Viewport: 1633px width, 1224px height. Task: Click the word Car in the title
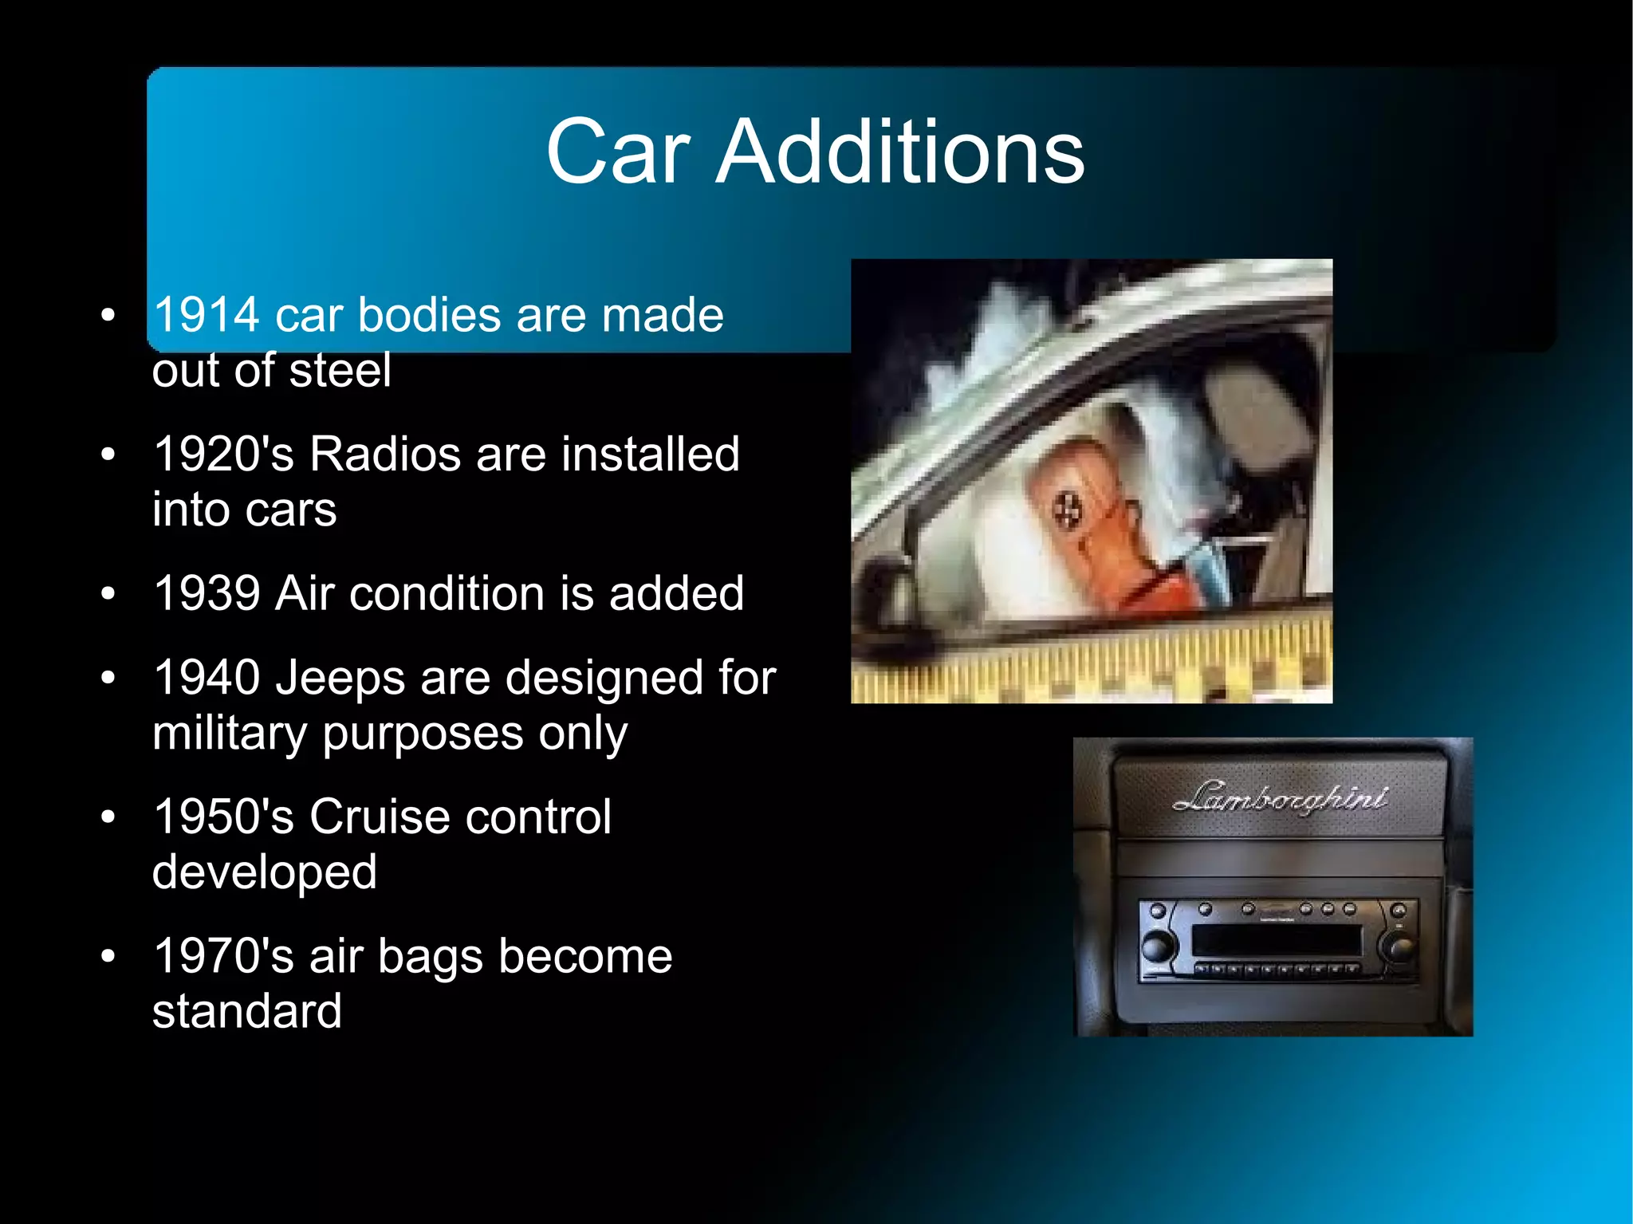click(x=617, y=152)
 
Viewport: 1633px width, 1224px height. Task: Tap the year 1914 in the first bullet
click(x=207, y=314)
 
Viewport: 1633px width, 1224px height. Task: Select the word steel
click(x=340, y=370)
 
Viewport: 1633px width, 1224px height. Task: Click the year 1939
click(x=207, y=593)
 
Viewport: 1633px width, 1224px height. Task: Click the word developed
click(x=264, y=872)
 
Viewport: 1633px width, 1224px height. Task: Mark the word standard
click(x=247, y=1011)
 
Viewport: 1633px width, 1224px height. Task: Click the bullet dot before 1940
click(x=108, y=678)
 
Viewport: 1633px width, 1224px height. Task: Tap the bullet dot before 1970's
click(x=108, y=956)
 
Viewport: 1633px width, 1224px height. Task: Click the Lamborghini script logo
click(x=1280, y=797)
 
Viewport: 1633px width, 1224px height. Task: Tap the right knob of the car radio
click(x=1400, y=947)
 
